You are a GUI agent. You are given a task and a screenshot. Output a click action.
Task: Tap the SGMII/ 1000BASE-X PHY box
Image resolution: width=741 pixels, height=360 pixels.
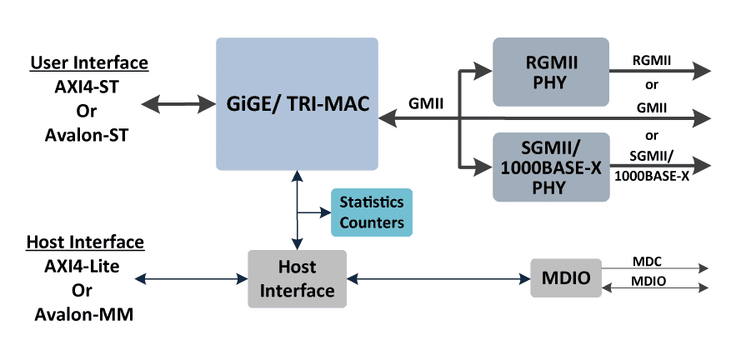tap(550, 167)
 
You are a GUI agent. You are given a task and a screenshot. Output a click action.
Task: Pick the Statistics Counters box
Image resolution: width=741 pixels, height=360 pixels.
tap(371, 212)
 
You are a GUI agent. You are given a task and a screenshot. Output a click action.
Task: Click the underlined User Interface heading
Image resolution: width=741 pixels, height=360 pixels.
tap(89, 63)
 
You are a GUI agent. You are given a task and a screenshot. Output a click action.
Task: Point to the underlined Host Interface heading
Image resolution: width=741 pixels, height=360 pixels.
tap(85, 242)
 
